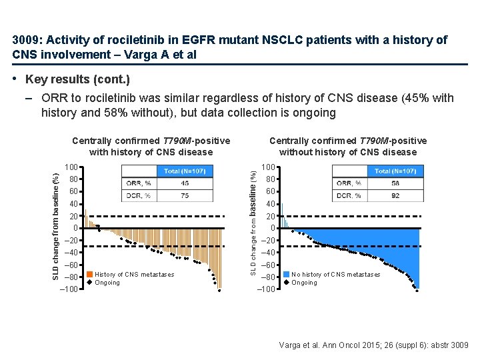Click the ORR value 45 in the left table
[x=185, y=183]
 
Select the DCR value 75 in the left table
[x=185, y=195]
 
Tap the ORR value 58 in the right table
[x=395, y=183]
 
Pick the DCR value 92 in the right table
[x=395, y=195]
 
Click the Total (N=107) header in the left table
[x=185, y=171]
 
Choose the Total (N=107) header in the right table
[x=395, y=171]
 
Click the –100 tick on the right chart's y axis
[x=267, y=289]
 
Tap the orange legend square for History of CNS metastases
[x=89, y=275]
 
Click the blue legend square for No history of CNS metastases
[x=286, y=275]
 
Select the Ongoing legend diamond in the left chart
[x=89, y=283]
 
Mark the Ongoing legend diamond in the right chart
[x=286, y=283]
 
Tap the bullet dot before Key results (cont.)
[x=15, y=79]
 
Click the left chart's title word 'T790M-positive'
[x=197, y=141]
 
